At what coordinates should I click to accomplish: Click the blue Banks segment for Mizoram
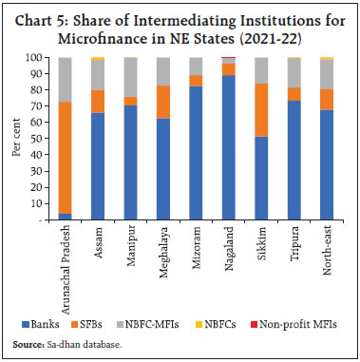[x=196, y=153]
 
